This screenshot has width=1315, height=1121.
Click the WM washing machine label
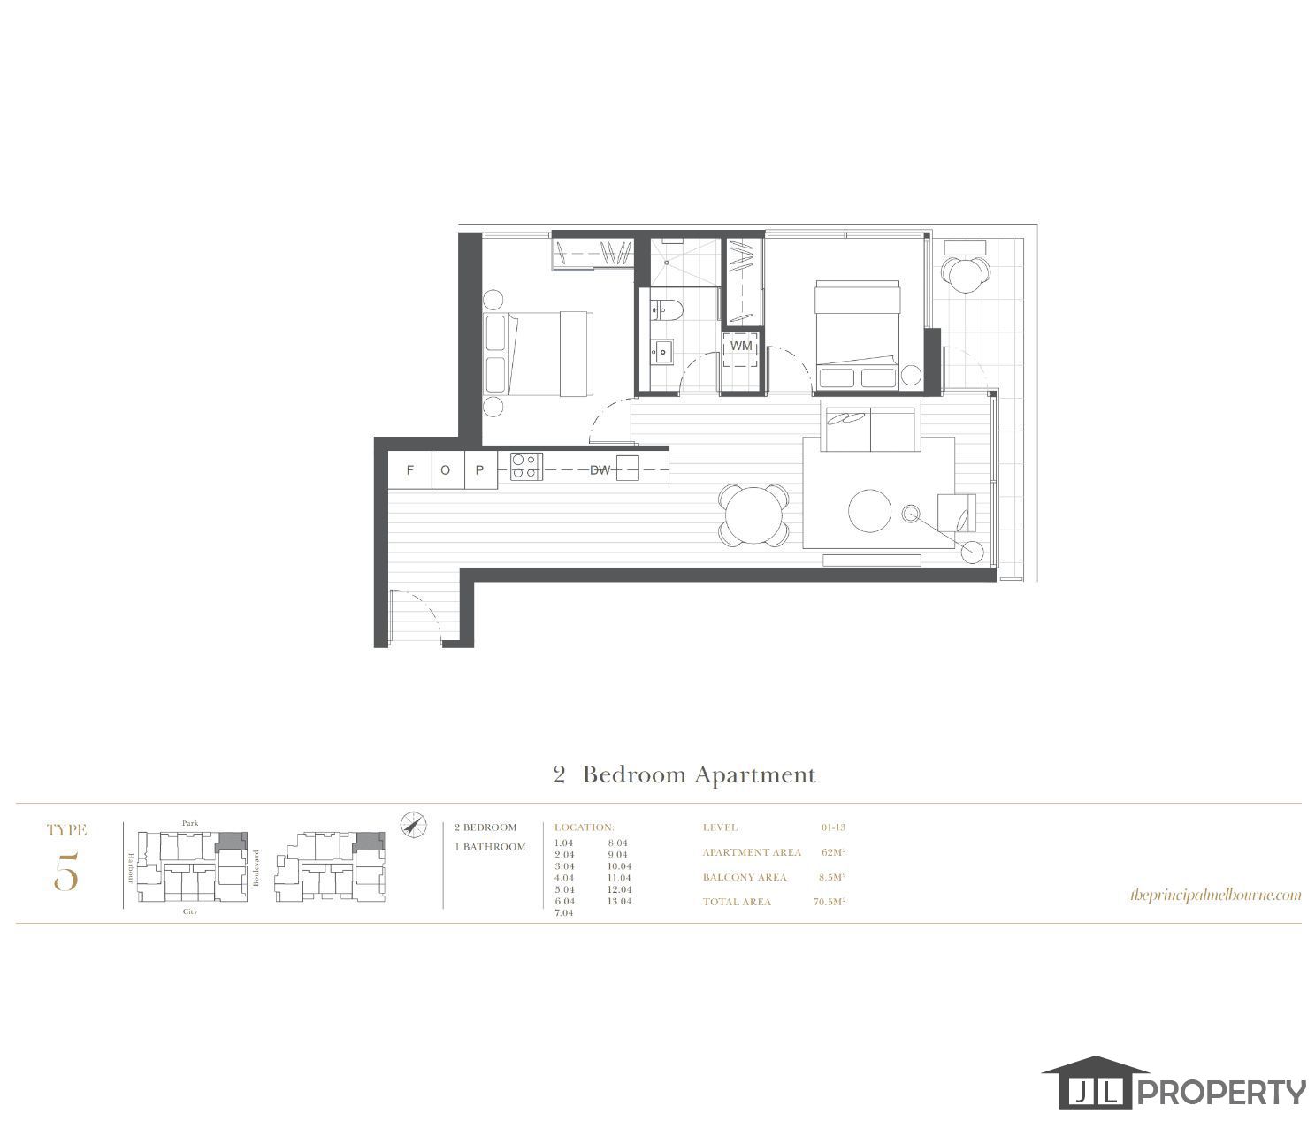pyautogui.click(x=741, y=346)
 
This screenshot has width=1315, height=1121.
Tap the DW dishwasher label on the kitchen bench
pyautogui.click(x=600, y=470)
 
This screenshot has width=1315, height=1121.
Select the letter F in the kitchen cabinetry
pyautogui.click(x=409, y=470)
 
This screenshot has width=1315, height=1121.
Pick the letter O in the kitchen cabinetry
pyautogui.click(x=445, y=470)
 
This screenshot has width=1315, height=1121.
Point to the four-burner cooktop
pyautogui.click(x=525, y=466)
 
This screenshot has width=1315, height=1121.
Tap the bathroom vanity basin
pyautogui.click(x=661, y=352)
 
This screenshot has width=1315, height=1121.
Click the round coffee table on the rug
pyautogui.click(x=870, y=511)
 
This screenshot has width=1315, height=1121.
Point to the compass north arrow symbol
pyautogui.click(x=412, y=824)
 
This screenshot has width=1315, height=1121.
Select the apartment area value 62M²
pyautogui.click(x=833, y=852)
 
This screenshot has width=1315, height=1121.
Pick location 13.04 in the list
pyautogui.click(x=619, y=901)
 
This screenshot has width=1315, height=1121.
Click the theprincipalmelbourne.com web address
pyautogui.click(x=1215, y=895)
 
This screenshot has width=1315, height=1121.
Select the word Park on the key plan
pyautogui.click(x=190, y=823)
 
